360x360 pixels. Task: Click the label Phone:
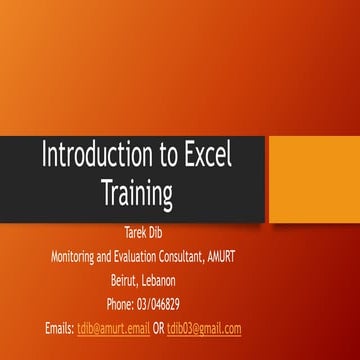click(120, 304)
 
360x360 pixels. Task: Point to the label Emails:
click(59, 327)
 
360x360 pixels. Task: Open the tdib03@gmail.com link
click(204, 327)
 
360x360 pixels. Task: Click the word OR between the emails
click(158, 327)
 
